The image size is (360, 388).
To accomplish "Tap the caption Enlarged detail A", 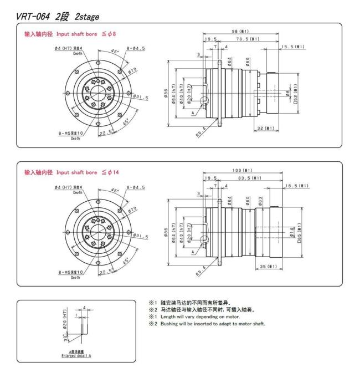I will pyautogui.click(x=75, y=355).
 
